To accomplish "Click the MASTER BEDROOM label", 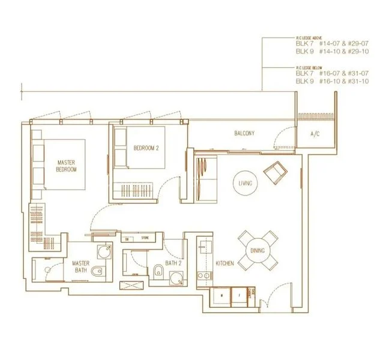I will (x=67, y=166).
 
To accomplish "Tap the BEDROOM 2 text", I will (x=146, y=148).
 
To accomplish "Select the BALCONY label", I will (x=244, y=133).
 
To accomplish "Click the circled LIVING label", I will (x=244, y=182).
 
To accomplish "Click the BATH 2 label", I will (x=173, y=263).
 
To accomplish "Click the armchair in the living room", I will (x=277, y=173).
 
